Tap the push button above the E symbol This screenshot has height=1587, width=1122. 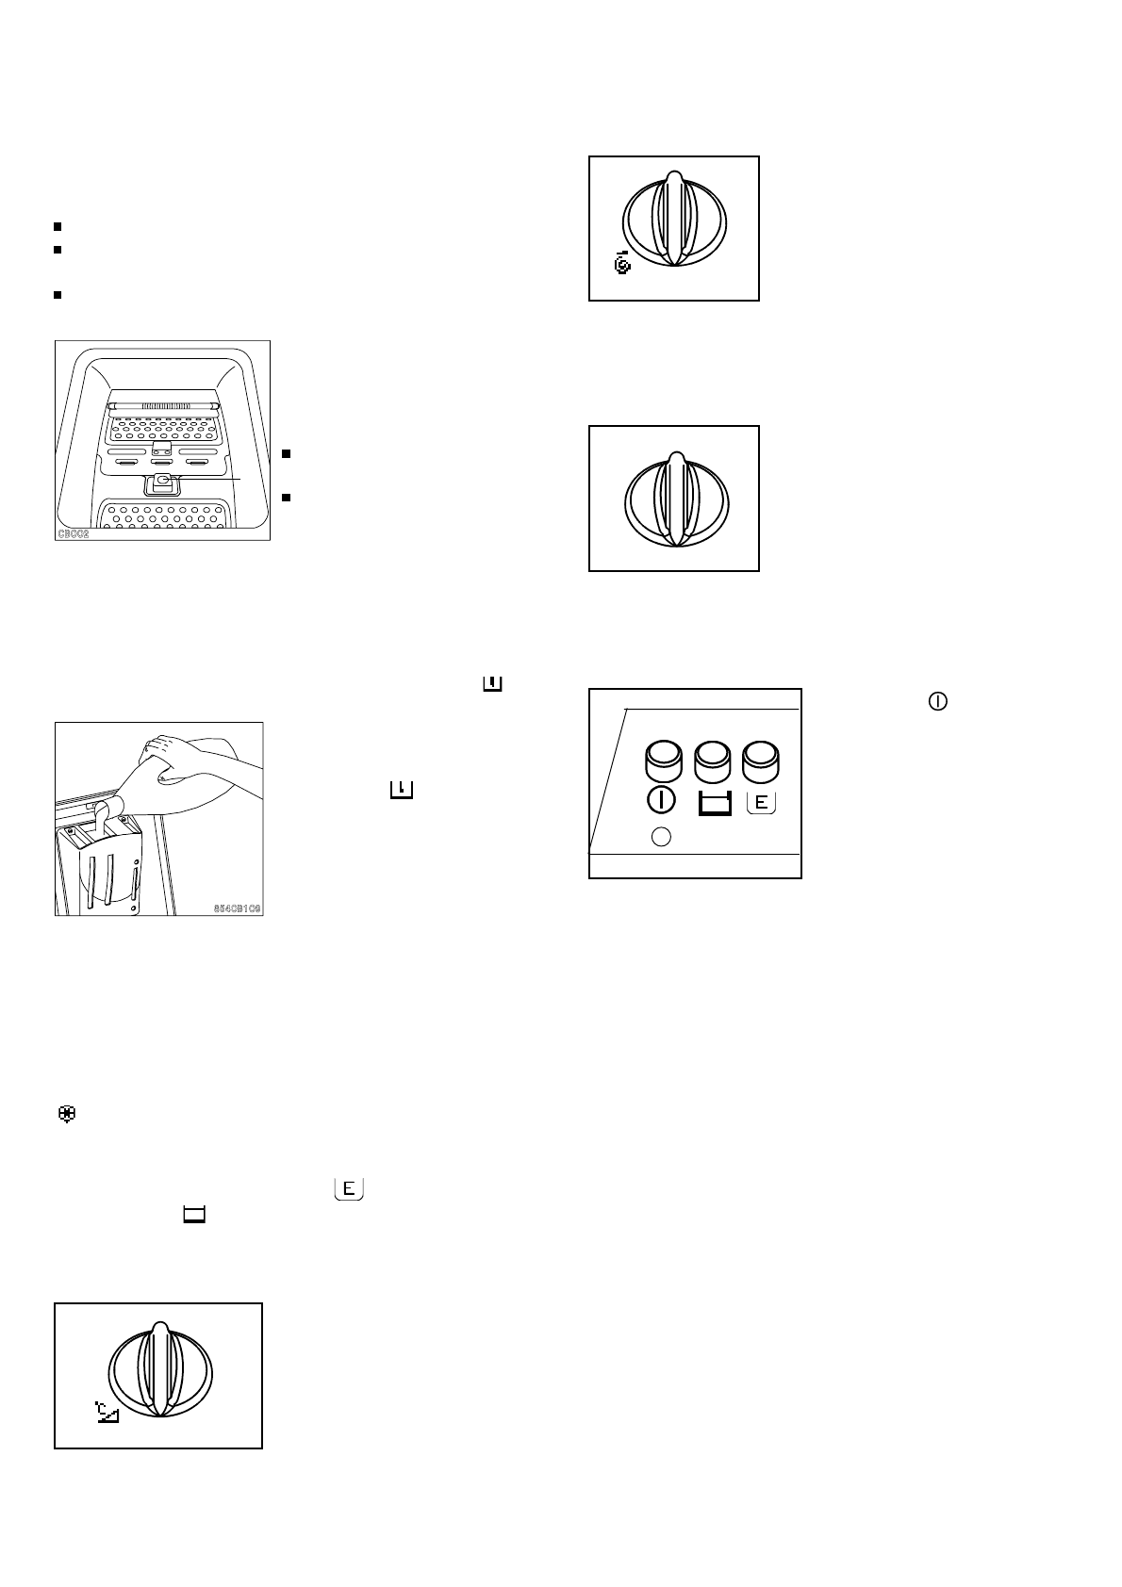point(761,761)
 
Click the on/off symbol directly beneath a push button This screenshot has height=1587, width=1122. point(662,802)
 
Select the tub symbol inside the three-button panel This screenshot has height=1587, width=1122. point(714,804)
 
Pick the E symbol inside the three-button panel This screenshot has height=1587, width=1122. point(761,803)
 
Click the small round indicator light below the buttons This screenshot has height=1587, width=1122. point(661,836)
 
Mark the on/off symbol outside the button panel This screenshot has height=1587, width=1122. point(938,701)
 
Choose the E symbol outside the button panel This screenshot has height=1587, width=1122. point(348,1189)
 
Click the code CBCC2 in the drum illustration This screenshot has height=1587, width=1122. point(73,533)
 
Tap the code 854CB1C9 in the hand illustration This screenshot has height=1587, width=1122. point(236,909)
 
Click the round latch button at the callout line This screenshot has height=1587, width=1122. point(163,482)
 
